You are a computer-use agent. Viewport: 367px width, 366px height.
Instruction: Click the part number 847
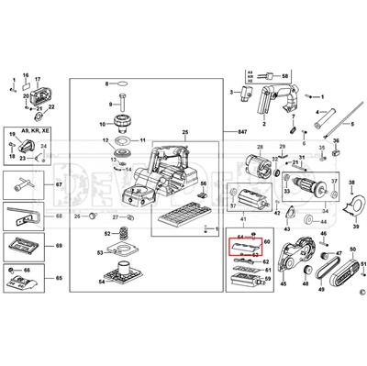tap(240, 132)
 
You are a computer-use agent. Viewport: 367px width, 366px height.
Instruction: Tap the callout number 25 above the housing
tap(184, 134)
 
